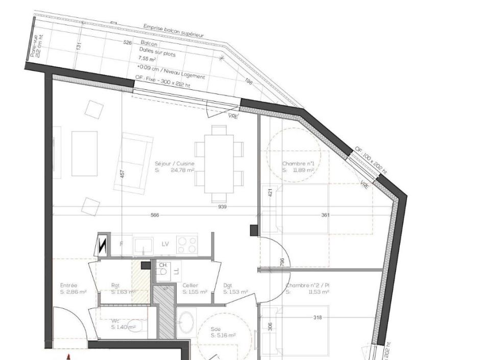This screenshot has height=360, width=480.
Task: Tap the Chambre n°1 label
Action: pos(298,167)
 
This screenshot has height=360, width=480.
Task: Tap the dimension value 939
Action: pos(222,207)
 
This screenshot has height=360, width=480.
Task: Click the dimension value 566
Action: pos(155,215)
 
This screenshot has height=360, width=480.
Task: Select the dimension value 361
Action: pos(325,215)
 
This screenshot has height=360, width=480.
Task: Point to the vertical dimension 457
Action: pos(122,174)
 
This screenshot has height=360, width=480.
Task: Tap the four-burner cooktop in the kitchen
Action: pos(187,245)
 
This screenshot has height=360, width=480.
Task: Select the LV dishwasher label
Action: pos(165,245)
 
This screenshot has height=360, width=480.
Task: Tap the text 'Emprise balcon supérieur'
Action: pos(173,31)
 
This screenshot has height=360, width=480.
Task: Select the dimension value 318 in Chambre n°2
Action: pos(318,318)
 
